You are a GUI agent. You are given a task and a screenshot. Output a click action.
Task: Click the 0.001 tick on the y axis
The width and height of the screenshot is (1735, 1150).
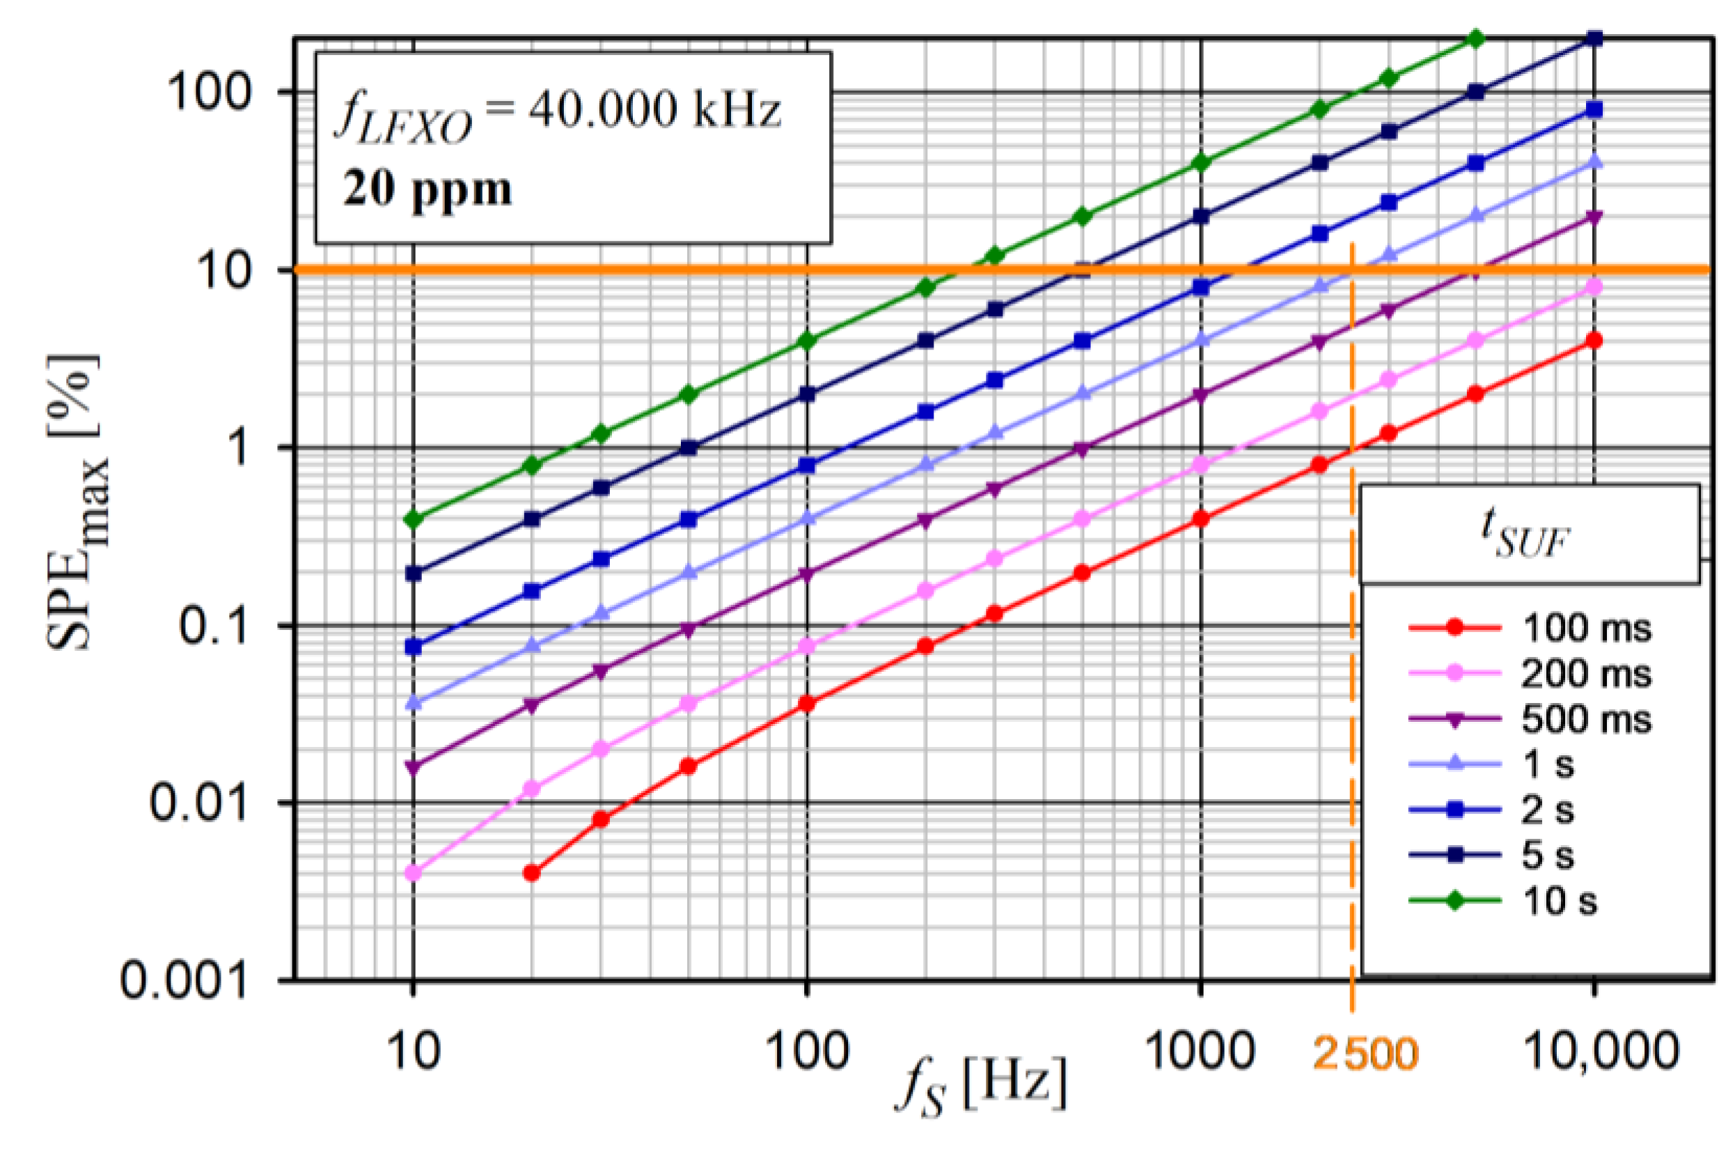click(183, 979)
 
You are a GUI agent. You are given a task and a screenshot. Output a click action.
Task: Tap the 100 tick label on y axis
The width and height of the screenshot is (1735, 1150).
click(209, 93)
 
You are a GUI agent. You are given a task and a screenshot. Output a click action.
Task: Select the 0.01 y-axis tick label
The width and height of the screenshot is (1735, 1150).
click(198, 802)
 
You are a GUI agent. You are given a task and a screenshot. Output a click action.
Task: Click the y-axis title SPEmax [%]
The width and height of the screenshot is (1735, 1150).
click(77, 503)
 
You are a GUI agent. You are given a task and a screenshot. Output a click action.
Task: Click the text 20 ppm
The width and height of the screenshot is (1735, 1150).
click(427, 189)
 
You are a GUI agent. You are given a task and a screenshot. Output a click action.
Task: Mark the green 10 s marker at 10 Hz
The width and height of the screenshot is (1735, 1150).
click(414, 519)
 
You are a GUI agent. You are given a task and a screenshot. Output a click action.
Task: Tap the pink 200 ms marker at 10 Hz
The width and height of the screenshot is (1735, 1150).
click(414, 873)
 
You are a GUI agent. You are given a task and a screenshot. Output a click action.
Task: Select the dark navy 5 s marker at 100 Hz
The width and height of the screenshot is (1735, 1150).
click(807, 394)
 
